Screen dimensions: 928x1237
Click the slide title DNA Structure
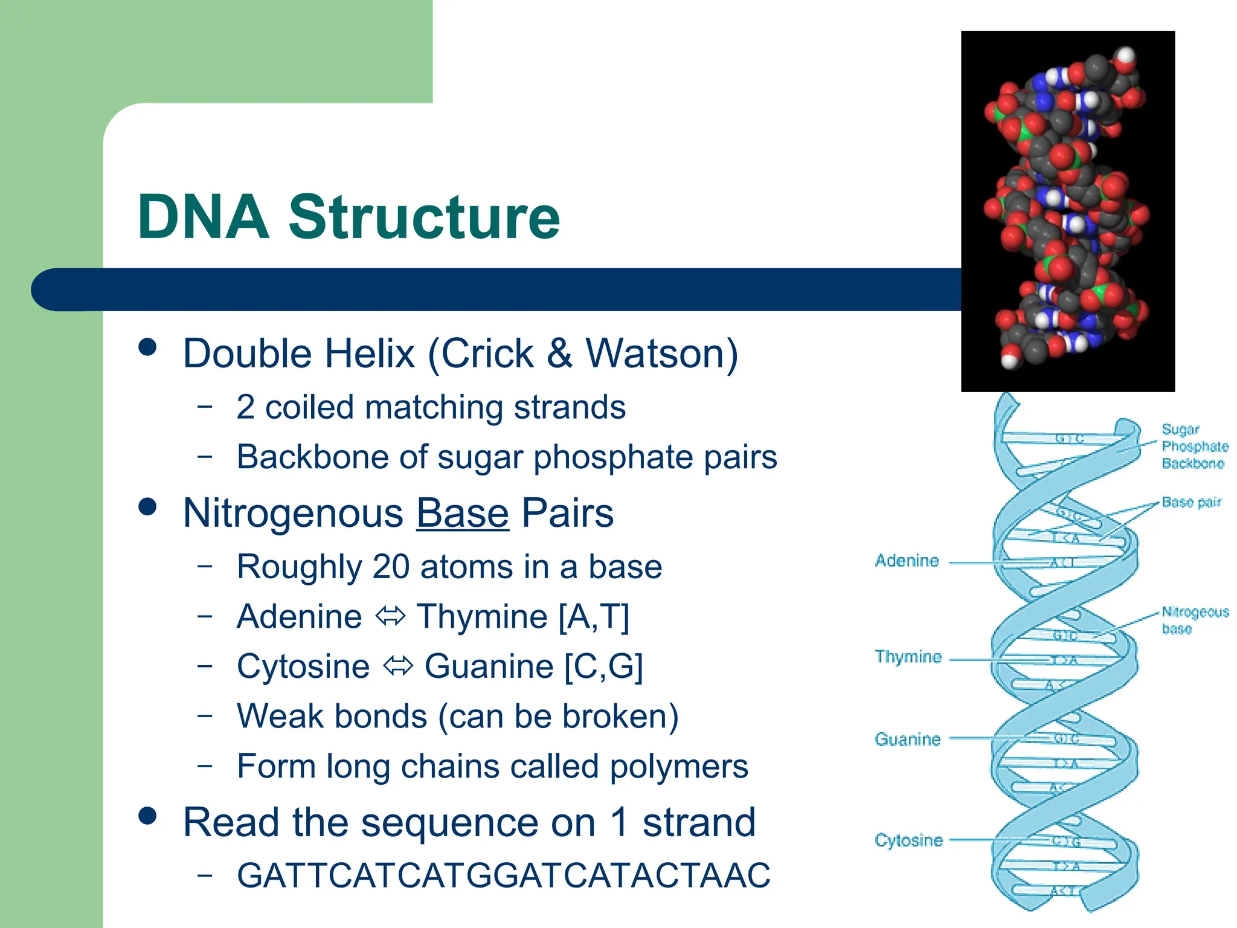[x=349, y=217]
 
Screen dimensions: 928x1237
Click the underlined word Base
[x=462, y=513]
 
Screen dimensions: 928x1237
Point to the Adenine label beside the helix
[x=907, y=561]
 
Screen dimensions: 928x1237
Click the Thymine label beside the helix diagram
[x=908, y=657]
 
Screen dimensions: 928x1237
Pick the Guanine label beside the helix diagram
[x=907, y=739]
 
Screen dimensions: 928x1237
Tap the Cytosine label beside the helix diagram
[x=908, y=840]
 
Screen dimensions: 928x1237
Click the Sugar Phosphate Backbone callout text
[x=1194, y=446]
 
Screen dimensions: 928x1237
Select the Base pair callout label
[x=1190, y=502]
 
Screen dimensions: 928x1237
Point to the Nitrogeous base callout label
[x=1194, y=620]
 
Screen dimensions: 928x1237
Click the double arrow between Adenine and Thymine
[x=390, y=617]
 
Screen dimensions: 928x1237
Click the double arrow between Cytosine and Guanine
[x=397, y=666]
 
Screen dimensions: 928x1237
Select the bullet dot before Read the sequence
[x=147, y=816]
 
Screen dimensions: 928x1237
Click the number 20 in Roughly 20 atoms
[x=391, y=567]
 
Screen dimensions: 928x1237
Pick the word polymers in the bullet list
[x=678, y=766]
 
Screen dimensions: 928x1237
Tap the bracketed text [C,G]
[x=603, y=666]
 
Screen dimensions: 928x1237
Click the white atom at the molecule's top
[x=1125, y=56]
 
